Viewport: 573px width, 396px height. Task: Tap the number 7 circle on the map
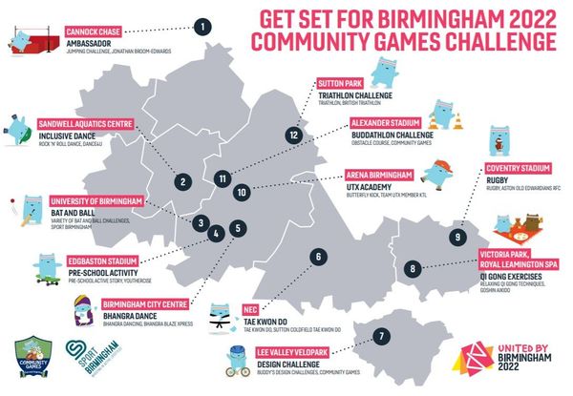(x=381, y=336)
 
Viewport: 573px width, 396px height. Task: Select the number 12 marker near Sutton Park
(x=294, y=135)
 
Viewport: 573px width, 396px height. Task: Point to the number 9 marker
(x=459, y=237)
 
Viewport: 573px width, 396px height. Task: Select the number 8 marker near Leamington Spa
(x=413, y=269)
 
